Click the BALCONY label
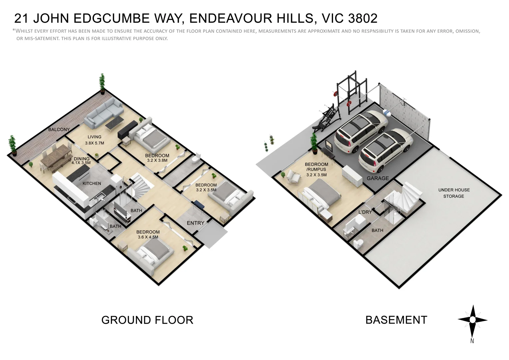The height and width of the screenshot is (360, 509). (x=59, y=129)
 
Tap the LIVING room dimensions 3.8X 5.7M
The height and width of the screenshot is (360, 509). (x=95, y=143)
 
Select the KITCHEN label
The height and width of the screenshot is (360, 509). (x=92, y=183)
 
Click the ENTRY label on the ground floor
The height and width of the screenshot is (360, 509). (x=196, y=223)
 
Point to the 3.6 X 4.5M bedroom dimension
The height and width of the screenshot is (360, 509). (x=148, y=237)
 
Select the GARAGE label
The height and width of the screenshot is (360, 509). (x=378, y=178)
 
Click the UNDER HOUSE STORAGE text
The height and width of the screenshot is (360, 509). (x=454, y=193)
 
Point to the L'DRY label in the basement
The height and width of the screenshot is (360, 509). (x=365, y=212)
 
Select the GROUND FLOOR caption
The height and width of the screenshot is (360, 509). (x=147, y=320)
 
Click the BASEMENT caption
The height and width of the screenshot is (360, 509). (x=396, y=320)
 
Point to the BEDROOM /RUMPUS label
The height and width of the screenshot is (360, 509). (x=316, y=167)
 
